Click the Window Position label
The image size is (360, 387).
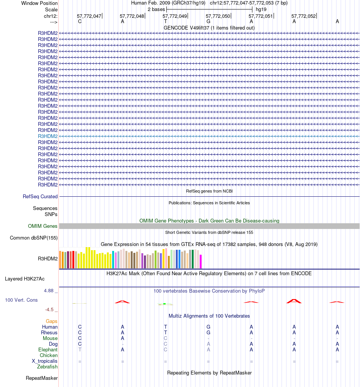click(x=39, y=3)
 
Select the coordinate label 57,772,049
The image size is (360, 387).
click(x=175, y=16)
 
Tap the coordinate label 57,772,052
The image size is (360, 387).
click(x=303, y=16)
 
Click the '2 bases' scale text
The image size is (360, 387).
click(x=156, y=9)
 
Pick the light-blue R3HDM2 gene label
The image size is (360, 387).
click(x=48, y=136)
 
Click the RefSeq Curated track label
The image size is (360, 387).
click(x=40, y=197)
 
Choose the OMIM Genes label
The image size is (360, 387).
click(x=43, y=226)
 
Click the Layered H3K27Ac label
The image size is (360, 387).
click(x=25, y=279)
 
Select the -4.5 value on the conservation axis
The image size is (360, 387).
click(x=50, y=310)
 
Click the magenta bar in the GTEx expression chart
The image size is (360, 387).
click(x=201, y=262)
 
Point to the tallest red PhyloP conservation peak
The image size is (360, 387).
click(x=294, y=301)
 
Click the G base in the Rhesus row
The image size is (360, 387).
click(x=208, y=333)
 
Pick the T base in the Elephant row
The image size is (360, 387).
click(x=80, y=350)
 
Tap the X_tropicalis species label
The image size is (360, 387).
click(x=45, y=361)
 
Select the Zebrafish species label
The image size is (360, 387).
click(x=47, y=367)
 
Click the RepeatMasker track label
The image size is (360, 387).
click(x=42, y=378)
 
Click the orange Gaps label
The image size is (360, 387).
click(x=52, y=321)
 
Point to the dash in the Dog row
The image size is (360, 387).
click(x=122, y=344)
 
